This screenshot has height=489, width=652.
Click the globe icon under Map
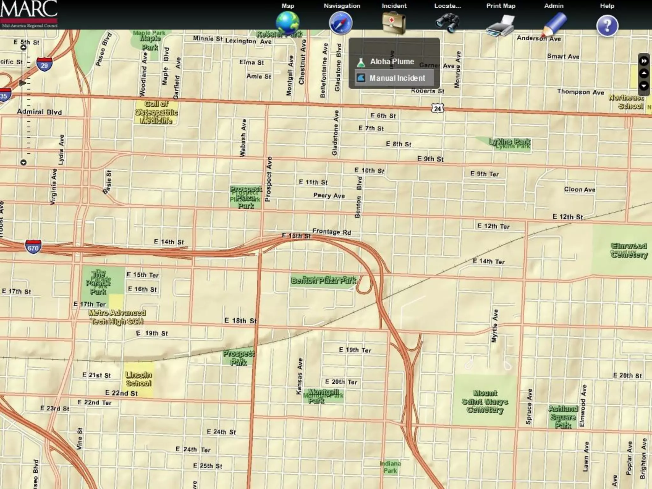coord(287,23)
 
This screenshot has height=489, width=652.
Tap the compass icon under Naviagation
coord(341,23)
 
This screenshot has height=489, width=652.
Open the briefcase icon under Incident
coord(394,23)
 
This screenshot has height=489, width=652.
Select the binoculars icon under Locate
coord(447,23)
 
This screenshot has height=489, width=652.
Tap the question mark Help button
coord(607,25)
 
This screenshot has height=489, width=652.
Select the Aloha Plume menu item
coord(392,62)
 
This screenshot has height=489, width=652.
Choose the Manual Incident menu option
coord(397,78)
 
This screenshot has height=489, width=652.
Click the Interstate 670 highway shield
coord(33,247)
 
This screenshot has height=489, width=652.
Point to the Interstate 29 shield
coord(44,65)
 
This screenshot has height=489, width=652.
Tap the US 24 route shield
coord(438,109)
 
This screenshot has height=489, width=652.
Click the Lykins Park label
coord(510,143)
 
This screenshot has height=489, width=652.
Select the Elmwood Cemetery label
coord(629,250)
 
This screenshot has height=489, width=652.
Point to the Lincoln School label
coord(138,379)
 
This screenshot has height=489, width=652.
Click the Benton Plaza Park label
coord(323,280)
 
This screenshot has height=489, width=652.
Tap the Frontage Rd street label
coord(332,232)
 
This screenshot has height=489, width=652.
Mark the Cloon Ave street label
coord(580,189)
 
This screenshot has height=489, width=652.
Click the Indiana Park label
coord(390,467)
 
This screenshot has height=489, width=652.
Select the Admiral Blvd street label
coord(39,112)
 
